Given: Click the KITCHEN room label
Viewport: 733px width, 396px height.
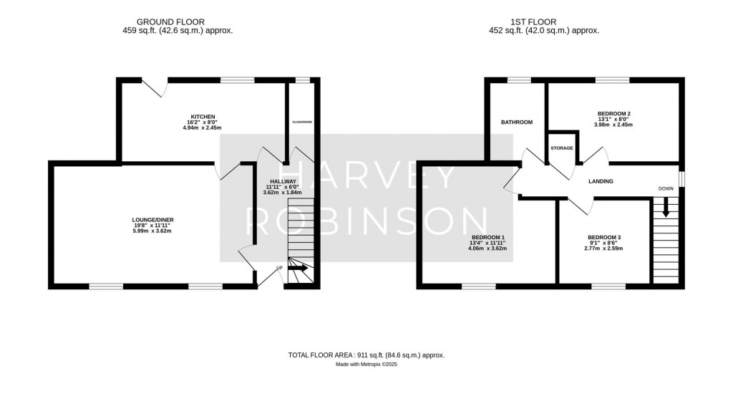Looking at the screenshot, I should pyautogui.click(x=203, y=117).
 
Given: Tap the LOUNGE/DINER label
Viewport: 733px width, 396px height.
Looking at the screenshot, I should pyautogui.click(x=153, y=220).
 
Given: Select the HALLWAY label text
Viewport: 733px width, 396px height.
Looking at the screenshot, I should pyautogui.click(x=283, y=181).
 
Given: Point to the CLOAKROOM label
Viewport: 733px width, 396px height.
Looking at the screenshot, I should pyautogui.click(x=302, y=122).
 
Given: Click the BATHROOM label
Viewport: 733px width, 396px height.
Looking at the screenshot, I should pyautogui.click(x=516, y=122).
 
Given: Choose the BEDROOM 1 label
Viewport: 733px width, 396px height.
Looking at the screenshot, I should pyautogui.click(x=489, y=238).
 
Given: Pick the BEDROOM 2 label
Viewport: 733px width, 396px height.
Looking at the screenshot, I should pyautogui.click(x=613, y=113).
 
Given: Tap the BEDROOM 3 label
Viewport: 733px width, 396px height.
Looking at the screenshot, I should pyautogui.click(x=603, y=238).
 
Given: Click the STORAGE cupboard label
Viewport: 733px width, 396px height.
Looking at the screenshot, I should pyautogui.click(x=562, y=148).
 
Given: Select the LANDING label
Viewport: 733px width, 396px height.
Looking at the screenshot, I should pyautogui.click(x=601, y=181).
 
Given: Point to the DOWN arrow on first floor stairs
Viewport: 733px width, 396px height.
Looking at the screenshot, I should pyautogui.click(x=666, y=208).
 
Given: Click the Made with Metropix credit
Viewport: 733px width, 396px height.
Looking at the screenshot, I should pyautogui.click(x=366, y=365).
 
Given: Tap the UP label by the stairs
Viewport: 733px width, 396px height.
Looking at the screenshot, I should pyautogui.click(x=279, y=269).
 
